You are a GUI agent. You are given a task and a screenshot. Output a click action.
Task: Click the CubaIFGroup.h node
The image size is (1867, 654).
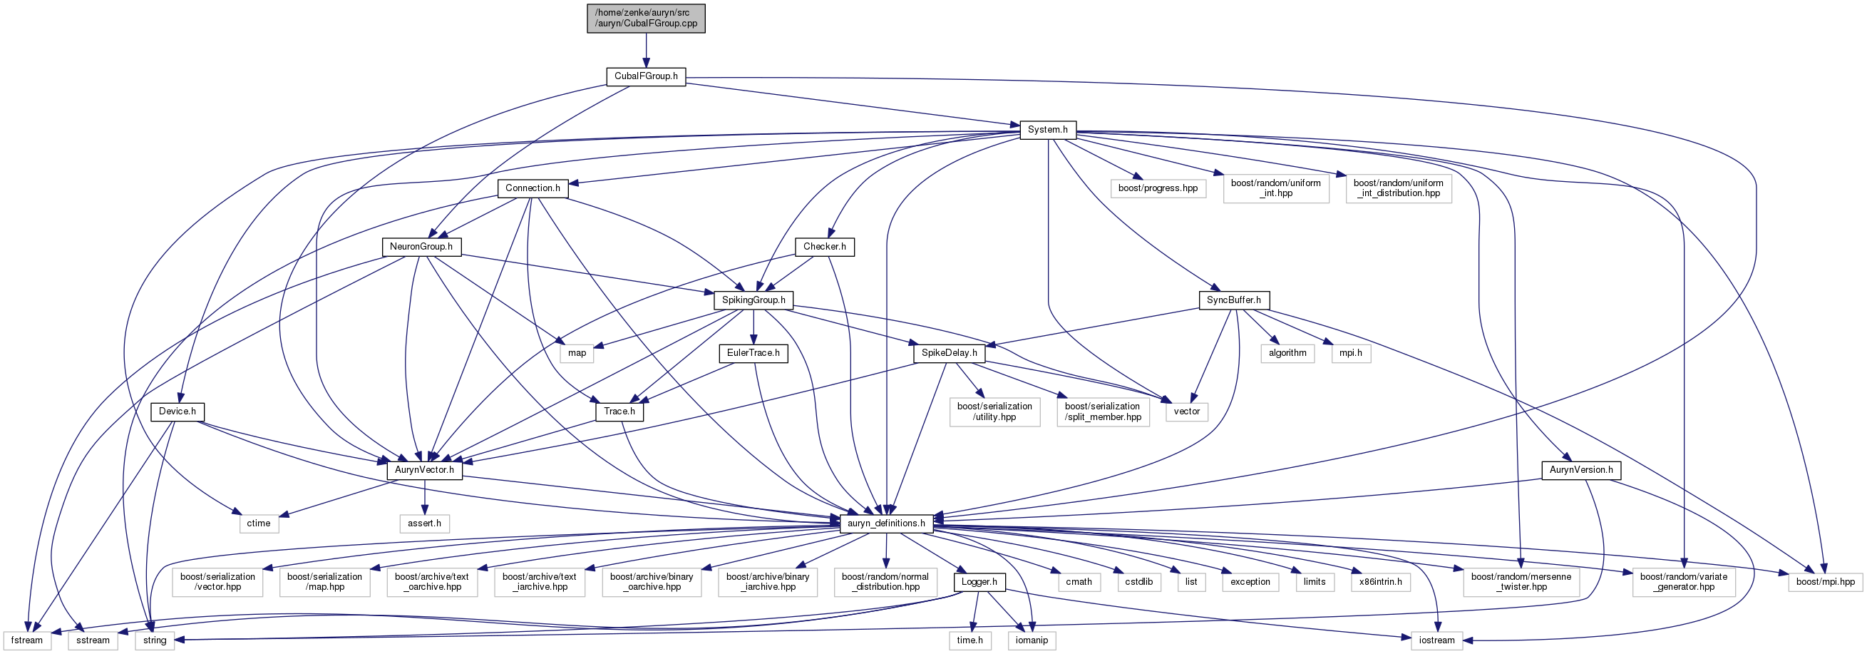[646, 76]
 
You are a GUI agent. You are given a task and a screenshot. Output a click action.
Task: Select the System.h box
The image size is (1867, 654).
[1047, 130]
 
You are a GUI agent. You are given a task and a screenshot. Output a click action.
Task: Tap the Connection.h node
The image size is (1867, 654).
[533, 188]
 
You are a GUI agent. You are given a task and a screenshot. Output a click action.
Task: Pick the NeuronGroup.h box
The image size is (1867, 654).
[421, 247]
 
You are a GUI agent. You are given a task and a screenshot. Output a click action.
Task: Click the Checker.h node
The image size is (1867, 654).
[824, 247]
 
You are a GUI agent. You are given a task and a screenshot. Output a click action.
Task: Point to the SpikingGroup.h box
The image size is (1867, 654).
[753, 300]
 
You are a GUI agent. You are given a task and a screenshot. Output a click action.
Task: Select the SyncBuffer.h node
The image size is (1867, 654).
[1233, 300]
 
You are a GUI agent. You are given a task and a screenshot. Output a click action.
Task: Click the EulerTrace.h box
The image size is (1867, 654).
[753, 353]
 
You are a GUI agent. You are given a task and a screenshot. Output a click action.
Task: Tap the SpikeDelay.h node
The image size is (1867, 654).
[949, 353]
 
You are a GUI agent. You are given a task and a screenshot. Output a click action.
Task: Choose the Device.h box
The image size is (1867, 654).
[178, 412]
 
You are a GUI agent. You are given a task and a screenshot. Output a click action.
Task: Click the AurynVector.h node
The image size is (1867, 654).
[424, 471]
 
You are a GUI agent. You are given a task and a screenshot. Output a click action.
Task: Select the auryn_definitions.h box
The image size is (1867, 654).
[885, 523]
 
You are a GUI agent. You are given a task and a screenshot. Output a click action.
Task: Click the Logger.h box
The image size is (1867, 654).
[979, 582]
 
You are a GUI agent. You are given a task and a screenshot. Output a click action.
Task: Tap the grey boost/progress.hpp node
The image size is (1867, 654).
[1158, 188]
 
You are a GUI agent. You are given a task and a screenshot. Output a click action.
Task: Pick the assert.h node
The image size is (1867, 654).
[424, 523]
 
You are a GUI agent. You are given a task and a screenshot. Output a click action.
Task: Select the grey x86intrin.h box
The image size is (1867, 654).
[1380, 582]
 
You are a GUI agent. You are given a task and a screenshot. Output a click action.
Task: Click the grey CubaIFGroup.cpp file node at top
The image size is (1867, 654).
[646, 18]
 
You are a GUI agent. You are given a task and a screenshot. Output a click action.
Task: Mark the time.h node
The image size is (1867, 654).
[969, 641]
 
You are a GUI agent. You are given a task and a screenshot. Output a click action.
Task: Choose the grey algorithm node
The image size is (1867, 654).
[1287, 353]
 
